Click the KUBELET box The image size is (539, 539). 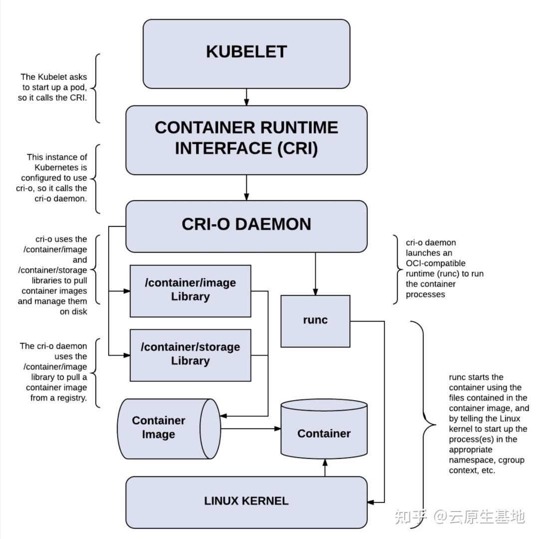tap(246, 54)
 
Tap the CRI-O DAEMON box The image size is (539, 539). tap(246, 226)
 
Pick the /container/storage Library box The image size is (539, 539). tap(190, 355)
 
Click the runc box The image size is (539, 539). tap(315, 321)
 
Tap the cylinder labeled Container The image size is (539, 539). tap(324, 433)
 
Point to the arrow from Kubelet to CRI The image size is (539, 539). tap(246, 97)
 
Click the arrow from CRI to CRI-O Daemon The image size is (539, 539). tap(246, 188)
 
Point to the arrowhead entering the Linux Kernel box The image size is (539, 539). tap(371, 502)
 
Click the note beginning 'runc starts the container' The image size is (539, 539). tap(488, 424)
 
